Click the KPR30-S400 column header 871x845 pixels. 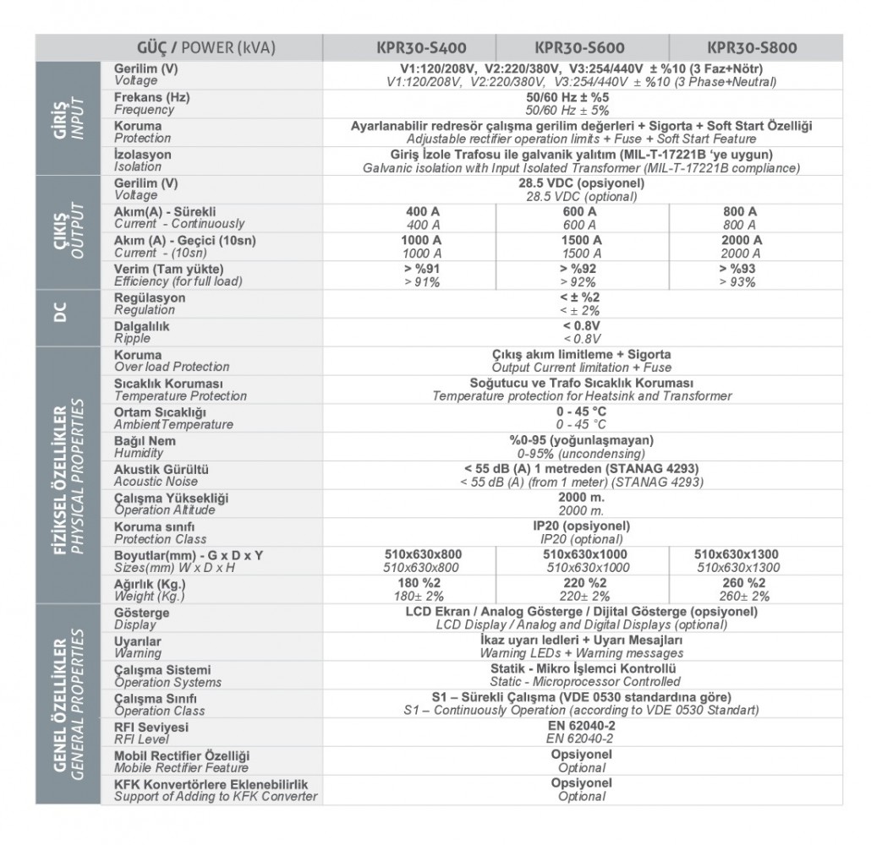coord(420,47)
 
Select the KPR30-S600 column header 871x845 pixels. coord(580,47)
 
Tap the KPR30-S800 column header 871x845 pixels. coord(752,47)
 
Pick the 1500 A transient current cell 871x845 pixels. coord(582,247)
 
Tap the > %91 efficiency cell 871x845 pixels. coord(420,275)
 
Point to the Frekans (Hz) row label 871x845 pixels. coord(152,104)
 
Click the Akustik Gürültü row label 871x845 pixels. coord(162,475)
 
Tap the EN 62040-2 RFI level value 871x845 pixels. coord(581,732)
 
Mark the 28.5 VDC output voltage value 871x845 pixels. coord(581,189)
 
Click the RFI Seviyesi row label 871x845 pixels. coord(151,732)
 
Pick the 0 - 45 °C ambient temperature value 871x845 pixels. coord(581,417)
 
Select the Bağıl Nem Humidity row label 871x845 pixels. coord(145,446)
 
